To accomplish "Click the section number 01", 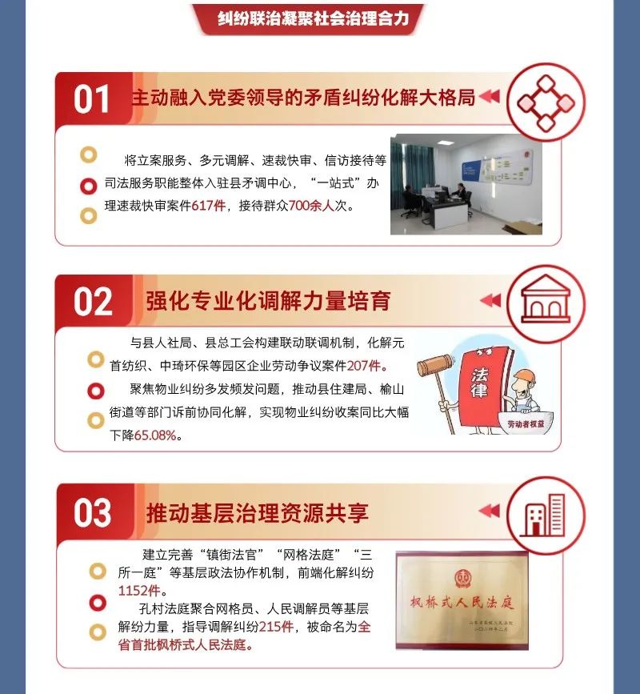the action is [91, 99].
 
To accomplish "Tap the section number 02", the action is [93, 302].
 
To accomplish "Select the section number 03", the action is [93, 512].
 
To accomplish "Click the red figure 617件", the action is [209, 206].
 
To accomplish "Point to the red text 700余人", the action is [311, 206].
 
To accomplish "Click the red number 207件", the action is [363, 366].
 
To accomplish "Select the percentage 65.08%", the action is [155, 435].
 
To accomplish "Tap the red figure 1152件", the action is [139, 591].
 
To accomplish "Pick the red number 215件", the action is [276, 627].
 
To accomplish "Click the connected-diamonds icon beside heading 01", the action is [546, 103].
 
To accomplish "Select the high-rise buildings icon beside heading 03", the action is [545, 515].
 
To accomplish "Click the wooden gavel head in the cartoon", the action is [434, 365].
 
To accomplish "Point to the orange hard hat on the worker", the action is [526, 375].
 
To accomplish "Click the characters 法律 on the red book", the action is [479, 383].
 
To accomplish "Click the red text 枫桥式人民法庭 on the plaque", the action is [462, 603].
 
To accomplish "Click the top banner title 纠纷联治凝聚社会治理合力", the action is [313, 18].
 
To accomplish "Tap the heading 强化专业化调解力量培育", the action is [268, 302].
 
